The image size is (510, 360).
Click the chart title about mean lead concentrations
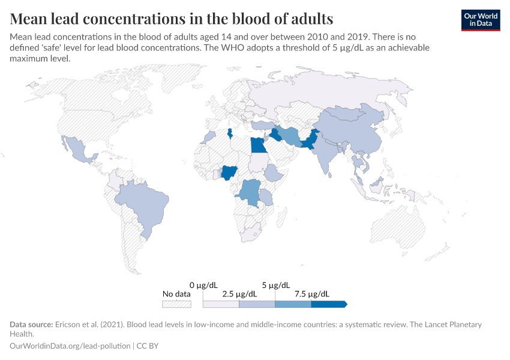pos(172,17)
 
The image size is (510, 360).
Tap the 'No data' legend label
pos(176,294)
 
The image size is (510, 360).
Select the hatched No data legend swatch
pos(176,304)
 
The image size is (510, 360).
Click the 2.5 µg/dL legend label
pos(239,294)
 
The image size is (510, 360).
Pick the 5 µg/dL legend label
pos(275,284)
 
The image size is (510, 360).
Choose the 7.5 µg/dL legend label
pos(311,294)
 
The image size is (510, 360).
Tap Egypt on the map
pos(259,146)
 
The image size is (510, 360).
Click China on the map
pos(348,132)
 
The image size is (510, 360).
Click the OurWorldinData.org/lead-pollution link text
pos(71,346)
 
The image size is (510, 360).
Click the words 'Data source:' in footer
pos(31,325)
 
